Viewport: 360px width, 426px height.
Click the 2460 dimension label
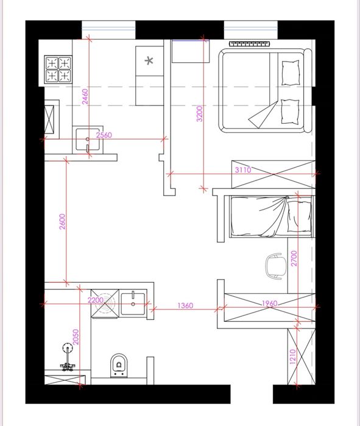[x=85, y=97]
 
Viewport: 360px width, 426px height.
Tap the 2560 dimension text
[x=104, y=135]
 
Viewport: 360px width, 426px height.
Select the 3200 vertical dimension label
[x=200, y=113]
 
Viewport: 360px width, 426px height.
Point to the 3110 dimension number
[x=243, y=170]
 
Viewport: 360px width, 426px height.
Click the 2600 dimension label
[x=63, y=222]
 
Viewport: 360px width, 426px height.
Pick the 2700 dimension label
[x=294, y=258]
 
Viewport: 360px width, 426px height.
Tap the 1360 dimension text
[x=185, y=306]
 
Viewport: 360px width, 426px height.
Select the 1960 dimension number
[x=269, y=304]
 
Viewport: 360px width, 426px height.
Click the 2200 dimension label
[x=96, y=300]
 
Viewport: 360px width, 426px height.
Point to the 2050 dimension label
[x=76, y=337]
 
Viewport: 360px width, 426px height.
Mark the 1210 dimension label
[x=292, y=357]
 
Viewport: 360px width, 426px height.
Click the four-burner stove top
[x=58, y=69]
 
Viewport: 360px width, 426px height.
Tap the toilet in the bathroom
[x=119, y=366]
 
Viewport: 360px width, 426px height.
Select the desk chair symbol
[x=276, y=266]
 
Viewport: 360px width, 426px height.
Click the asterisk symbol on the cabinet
[x=149, y=60]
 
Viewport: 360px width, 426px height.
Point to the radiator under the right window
[x=250, y=44]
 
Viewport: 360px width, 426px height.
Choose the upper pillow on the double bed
[x=291, y=73]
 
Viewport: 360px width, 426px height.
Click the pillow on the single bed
[x=300, y=216]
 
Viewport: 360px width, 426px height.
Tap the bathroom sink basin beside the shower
[x=133, y=304]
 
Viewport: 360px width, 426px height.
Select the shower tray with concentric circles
[x=105, y=304]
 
